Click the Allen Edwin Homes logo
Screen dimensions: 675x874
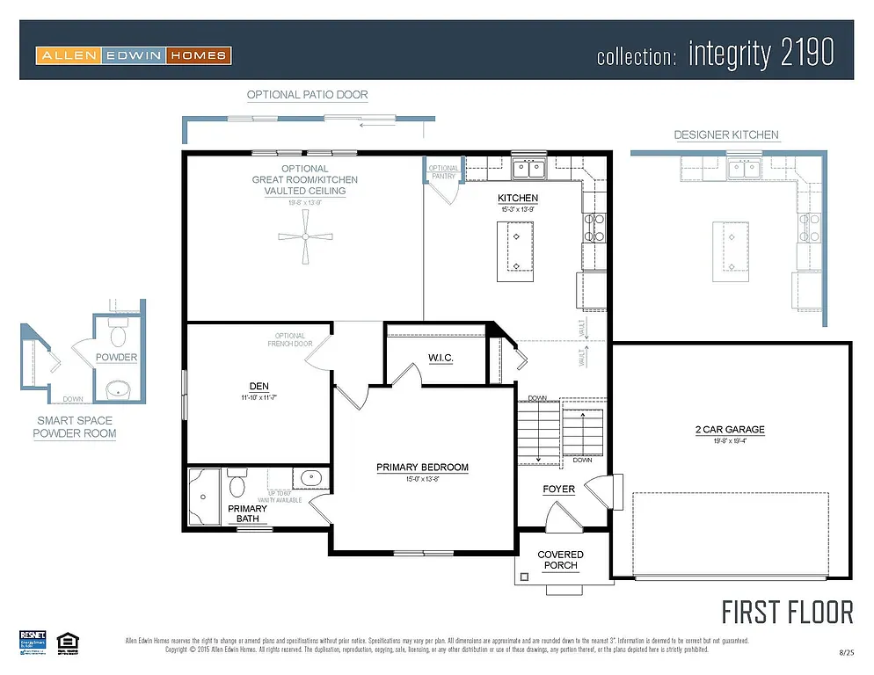coord(134,55)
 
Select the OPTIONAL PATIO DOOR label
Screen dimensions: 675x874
coord(307,95)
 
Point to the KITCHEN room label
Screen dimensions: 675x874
coord(517,199)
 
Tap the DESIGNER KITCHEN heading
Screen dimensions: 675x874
coord(725,135)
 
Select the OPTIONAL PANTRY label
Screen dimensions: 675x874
coord(443,172)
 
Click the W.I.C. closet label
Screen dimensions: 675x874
coord(441,358)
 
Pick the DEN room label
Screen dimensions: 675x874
coord(259,386)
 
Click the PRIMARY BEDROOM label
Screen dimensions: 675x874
coord(422,468)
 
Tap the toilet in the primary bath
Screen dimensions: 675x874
coord(237,485)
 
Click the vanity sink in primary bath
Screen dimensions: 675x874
coord(311,480)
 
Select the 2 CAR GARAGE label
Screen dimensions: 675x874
coord(729,430)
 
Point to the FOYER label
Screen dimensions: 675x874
coord(558,489)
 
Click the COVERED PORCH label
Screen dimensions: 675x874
coord(560,560)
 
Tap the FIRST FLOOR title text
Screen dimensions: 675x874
coord(787,612)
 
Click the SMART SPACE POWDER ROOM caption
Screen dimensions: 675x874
coord(75,427)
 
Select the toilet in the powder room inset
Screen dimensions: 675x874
coord(118,334)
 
